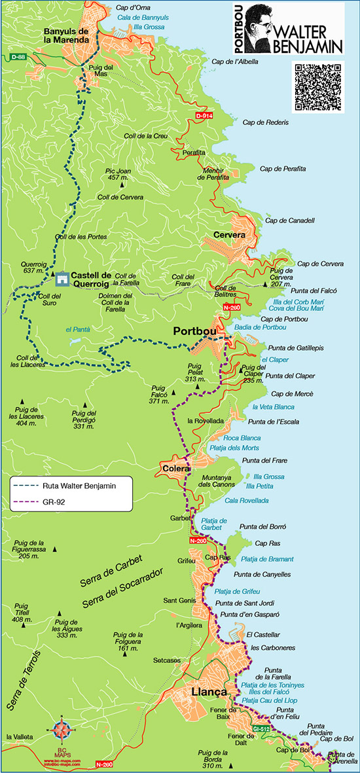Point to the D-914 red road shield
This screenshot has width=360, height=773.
pyautogui.click(x=204, y=116)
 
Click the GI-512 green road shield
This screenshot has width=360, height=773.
pyautogui.click(x=261, y=728)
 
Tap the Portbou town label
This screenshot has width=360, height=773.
pyautogui.click(x=194, y=332)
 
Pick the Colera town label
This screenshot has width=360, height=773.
pyautogui.click(x=175, y=469)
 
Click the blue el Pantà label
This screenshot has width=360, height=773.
pyautogui.click(x=77, y=329)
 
